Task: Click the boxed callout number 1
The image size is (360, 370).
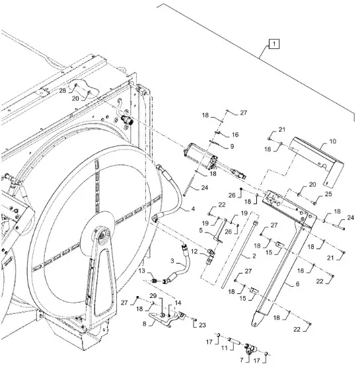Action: [274, 44]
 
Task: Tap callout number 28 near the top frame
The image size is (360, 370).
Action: [63, 91]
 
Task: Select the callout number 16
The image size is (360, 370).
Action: [235, 135]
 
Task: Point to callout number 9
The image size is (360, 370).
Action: [232, 146]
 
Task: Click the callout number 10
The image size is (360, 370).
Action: [333, 141]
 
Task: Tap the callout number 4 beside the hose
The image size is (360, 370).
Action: [193, 209]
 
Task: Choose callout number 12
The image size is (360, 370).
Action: [194, 252]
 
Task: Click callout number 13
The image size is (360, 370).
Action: [141, 271]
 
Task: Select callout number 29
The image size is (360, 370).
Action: [153, 296]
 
